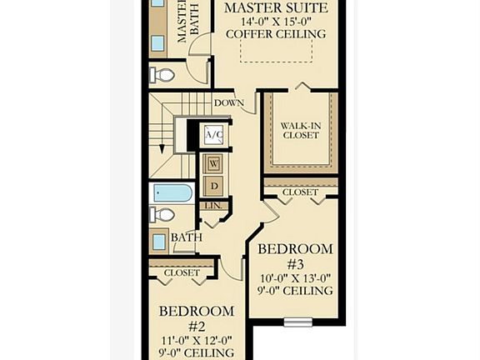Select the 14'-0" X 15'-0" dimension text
tap(276, 21)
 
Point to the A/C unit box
tap(212, 134)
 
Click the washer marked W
tap(213, 163)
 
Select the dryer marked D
tap(213, 184)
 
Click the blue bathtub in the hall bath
tap(172, 193)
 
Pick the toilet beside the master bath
tap(164, 75)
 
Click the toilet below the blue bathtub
tap(164, 215)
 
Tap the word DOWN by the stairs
tap(229, 103)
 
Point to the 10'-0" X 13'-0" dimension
tap(295, 277)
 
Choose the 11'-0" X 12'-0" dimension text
tap(197, 340)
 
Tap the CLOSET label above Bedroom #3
tap(300, 192)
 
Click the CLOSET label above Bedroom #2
tap(181, 272)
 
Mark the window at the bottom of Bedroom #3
tap(297, 322)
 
